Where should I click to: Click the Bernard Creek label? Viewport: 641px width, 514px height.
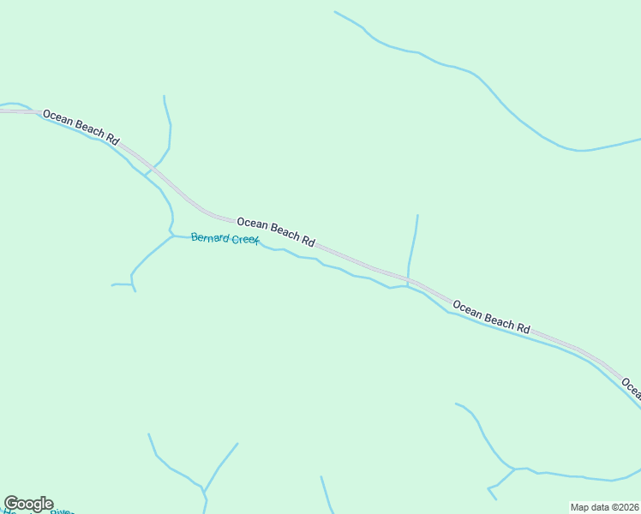225,239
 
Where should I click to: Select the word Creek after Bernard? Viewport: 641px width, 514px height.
245,241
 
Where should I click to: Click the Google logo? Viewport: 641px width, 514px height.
28,504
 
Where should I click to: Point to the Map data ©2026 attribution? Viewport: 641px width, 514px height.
604,507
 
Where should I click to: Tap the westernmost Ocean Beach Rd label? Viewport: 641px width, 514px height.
81,126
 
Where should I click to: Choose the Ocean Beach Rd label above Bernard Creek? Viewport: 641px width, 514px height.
276,231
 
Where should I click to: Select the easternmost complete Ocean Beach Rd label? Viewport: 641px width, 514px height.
492,316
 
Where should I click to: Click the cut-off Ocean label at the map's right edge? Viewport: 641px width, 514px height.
631,386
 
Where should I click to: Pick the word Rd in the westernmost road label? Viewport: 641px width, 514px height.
113,137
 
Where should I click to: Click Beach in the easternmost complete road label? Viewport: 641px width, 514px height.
499,319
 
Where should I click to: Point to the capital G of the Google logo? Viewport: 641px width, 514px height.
12,504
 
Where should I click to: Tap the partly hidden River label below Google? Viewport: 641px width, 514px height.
62,511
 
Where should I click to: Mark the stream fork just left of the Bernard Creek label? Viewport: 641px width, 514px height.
172,235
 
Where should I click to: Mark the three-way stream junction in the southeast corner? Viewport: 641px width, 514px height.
513,469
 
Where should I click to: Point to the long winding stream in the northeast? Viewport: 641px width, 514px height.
480,82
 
